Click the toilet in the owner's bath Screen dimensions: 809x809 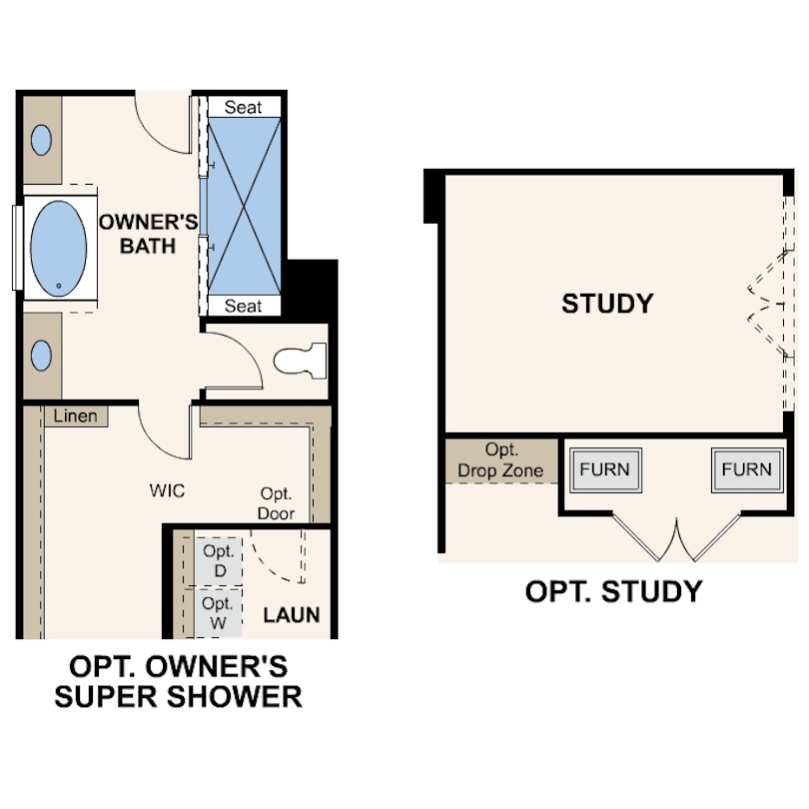click(301, 359)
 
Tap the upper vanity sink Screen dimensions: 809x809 click(41, 140)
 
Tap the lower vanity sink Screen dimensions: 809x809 click(41, 355)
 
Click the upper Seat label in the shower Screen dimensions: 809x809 click(243, 107)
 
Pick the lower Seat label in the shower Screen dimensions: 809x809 click(243, 307)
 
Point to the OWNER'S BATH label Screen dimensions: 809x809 click(148, 233)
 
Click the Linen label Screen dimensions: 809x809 click(76, 415)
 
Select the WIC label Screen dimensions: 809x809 click(167, 490)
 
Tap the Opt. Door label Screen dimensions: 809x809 click(276, 503)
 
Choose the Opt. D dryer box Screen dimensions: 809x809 click(217, 560)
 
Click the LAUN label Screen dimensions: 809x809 click(292, 614)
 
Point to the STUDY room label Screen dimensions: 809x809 click(607, 304)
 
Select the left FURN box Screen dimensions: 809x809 click(605, 469)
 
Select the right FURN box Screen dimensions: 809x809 click(746, 469)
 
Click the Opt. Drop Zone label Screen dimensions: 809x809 click(500, 460)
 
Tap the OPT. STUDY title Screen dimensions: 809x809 click(613, 591)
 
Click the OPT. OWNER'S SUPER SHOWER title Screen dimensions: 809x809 click(178, 681)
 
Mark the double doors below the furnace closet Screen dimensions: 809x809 click(677, 538)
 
